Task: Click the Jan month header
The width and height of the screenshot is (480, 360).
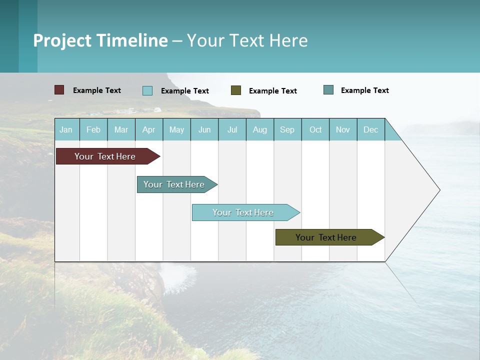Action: [66, 129]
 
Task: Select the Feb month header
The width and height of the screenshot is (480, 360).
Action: [93, 129]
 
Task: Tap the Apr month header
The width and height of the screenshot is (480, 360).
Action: [148, 129]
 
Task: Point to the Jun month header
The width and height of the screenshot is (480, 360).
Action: [204, 129]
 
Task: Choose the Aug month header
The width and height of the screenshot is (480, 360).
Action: [259, 129]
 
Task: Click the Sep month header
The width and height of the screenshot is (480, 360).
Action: [287, 129]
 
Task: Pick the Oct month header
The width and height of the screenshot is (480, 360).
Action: [315, 129]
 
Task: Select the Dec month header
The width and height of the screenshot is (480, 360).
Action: [370, 129]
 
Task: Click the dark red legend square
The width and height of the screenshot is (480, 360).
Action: [59, 90]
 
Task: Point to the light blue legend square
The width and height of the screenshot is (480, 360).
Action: [147, 90]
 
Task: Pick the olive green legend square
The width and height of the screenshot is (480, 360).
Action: [236, 90]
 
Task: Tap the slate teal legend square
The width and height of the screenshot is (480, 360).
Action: [328, 90]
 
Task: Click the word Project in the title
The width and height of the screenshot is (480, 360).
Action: [62, 40]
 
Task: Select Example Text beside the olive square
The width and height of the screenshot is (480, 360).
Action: [272, 91]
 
